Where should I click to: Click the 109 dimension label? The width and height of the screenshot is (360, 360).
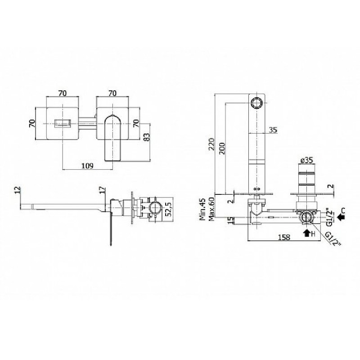click(x=87, y=166)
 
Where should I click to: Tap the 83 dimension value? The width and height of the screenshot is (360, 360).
click(x=147, y=137)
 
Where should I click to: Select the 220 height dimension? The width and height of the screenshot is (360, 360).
click(x=211, y=144)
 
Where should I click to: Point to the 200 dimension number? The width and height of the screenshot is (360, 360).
click(x=222, y=148)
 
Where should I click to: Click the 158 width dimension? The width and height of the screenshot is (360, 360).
click(x=284, y=237)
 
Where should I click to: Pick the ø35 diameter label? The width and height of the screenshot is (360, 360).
click(x=306, y=160)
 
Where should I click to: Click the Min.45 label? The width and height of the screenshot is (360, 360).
click(x=202, y=209)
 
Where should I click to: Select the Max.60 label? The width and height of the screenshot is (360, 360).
click(x=211, y=209)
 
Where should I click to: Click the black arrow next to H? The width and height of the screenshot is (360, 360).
click(x=307, y=233)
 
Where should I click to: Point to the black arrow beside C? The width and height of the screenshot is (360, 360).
click(x=341, y=217)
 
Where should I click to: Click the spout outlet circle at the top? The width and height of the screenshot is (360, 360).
click(x=256, y=103)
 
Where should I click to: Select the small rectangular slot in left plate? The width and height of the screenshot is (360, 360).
click(x=63, y=123)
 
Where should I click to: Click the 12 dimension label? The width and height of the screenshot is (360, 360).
click(x=18, y=190)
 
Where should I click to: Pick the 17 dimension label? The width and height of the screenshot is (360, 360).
click(x=103, y=190)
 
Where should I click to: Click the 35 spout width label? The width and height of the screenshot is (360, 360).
click(x=273, y=130)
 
